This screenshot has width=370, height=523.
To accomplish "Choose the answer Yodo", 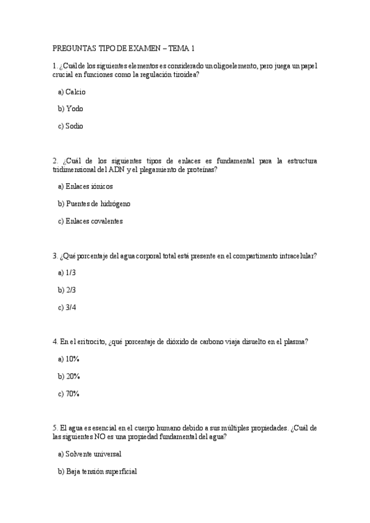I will tap(74, 109).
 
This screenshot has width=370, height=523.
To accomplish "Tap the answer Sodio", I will tap(74, 126).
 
